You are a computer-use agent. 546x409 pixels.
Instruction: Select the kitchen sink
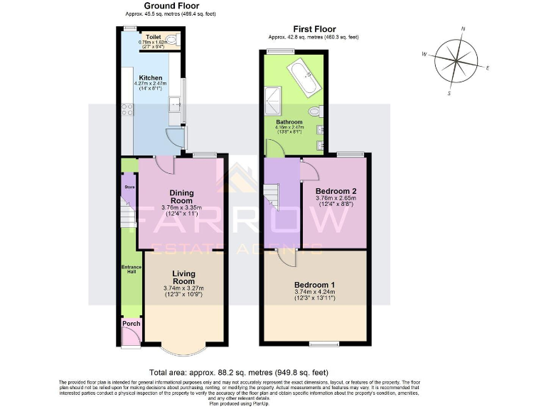174,107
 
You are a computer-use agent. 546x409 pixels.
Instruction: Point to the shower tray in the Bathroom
272,101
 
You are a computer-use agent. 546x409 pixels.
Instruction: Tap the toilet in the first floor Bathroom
315,111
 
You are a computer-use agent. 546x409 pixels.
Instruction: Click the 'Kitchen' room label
150,78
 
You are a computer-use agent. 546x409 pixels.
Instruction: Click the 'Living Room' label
183,276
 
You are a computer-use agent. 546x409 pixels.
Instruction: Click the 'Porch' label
131,325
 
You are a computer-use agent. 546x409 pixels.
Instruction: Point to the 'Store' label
129,187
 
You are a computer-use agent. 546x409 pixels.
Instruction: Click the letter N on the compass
463,29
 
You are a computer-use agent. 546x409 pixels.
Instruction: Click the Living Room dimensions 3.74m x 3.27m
183,288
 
